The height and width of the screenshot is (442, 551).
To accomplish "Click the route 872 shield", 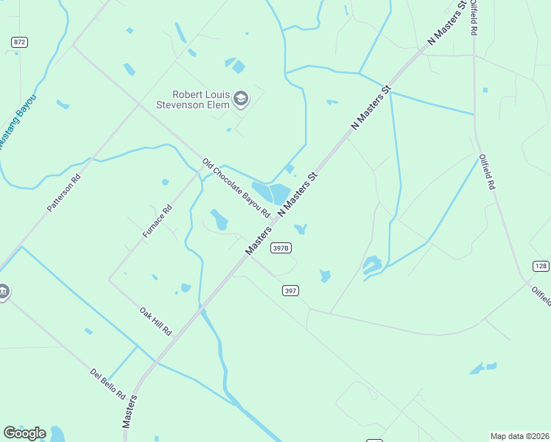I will click(x=19, y=42).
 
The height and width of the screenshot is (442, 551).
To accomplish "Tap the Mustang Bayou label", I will click(x=16, y=122).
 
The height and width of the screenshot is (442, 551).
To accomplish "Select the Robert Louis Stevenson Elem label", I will click(x=200, y=99).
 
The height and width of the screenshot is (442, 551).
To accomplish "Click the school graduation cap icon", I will click(x=241, y=98).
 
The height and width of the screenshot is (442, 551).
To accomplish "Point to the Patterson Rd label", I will click(x=63, y=193).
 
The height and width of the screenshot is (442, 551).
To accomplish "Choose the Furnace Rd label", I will click(x=157, y=220).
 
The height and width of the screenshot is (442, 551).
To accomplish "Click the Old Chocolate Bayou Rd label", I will click(x=237, y=189).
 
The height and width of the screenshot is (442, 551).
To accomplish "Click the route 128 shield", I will click(x=541, y=266).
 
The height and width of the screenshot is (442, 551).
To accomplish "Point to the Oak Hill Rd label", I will click(x=155, y=321).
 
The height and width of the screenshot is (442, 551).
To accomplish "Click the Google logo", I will click(x=24, y=433).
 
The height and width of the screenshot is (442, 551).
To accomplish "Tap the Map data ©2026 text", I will click(x=520, y=436).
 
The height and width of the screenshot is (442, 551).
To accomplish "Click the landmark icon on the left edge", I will click(x=3, y=292).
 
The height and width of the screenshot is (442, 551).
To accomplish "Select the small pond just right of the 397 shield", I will click(x=325, y=276).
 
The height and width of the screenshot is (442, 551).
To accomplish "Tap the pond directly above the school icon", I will click(x=237, y=66).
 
